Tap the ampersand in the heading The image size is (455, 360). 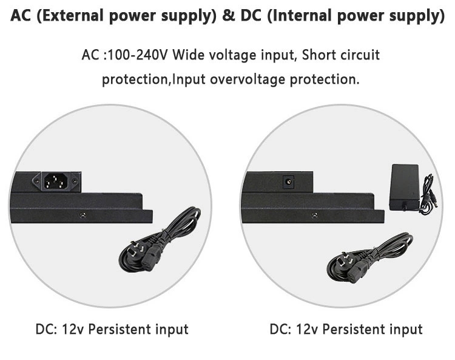pos(229,15)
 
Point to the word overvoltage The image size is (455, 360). pos(248,80)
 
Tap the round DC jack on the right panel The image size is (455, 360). pos(288,182)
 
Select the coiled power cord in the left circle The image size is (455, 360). pos(160,240)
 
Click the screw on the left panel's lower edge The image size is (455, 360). pos(83,215)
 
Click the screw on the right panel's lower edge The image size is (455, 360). pos(314,215)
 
